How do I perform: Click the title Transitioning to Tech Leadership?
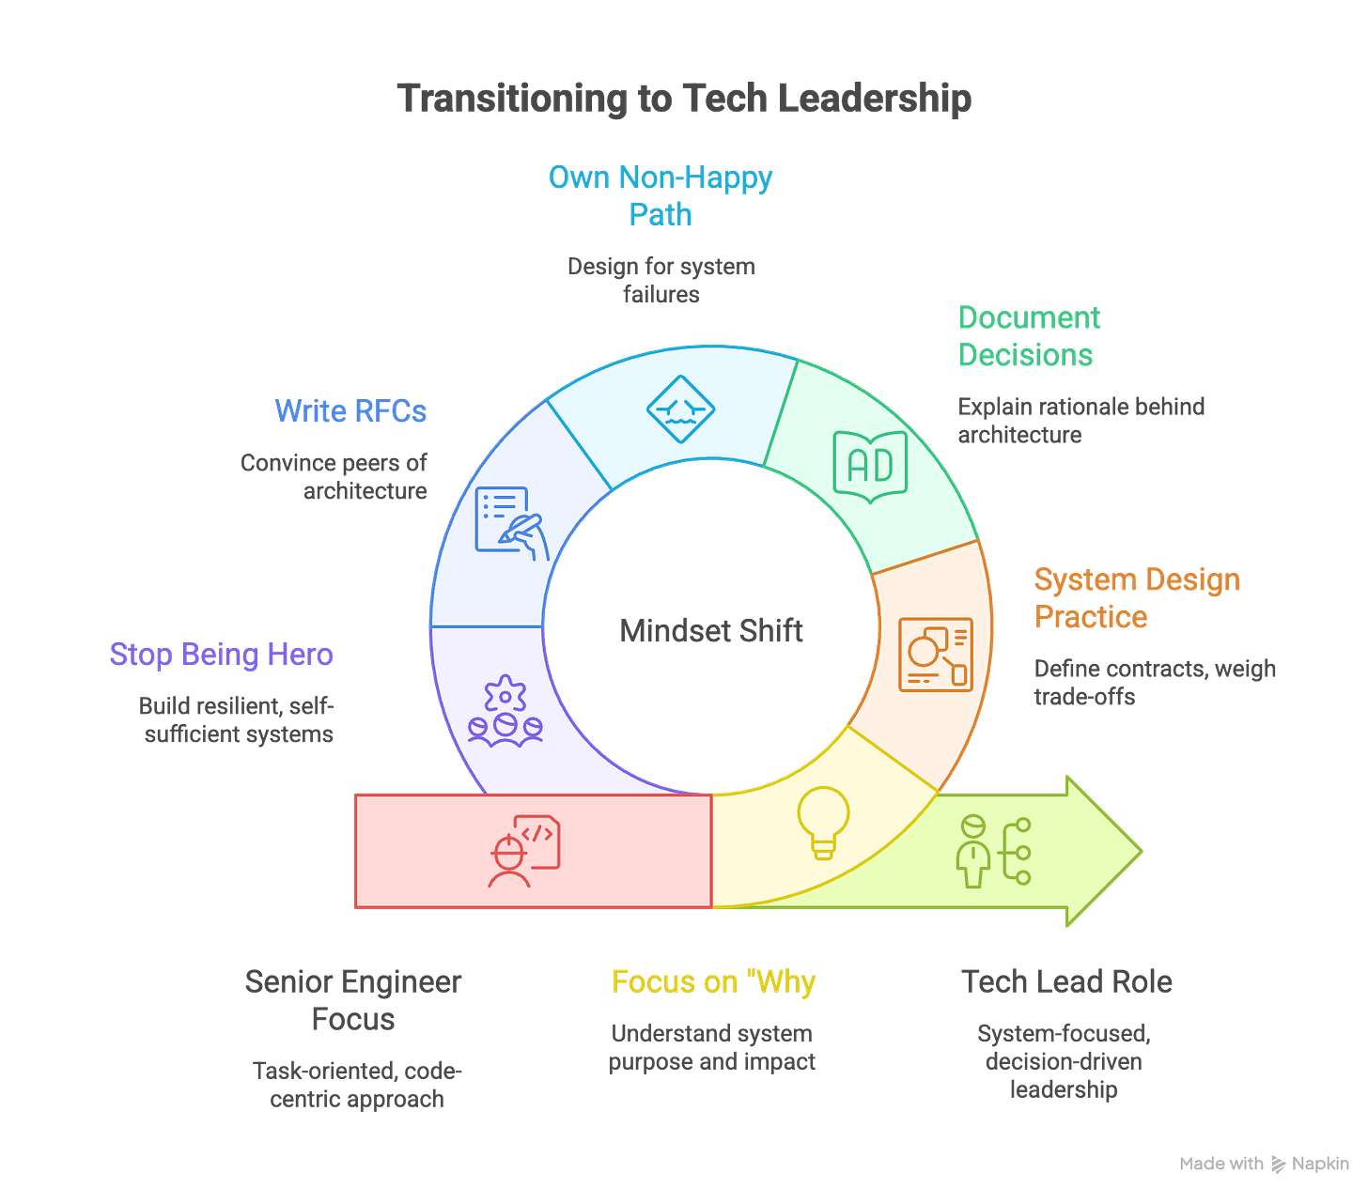coord(684,99)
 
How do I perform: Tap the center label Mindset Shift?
coord(710,630)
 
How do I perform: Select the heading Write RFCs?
coord(350,411)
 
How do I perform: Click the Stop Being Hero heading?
coord(222,654)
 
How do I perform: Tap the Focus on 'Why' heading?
coord(713,982)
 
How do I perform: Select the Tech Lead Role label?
coord(1066,982)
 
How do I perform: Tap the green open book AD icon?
coord(870,467)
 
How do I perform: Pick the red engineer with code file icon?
coord(523,851)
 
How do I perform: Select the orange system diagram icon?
coord(935,655)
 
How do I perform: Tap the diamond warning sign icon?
coord(680,410)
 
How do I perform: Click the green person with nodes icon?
coord(993,852)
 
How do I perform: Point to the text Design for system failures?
coord(661,280)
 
